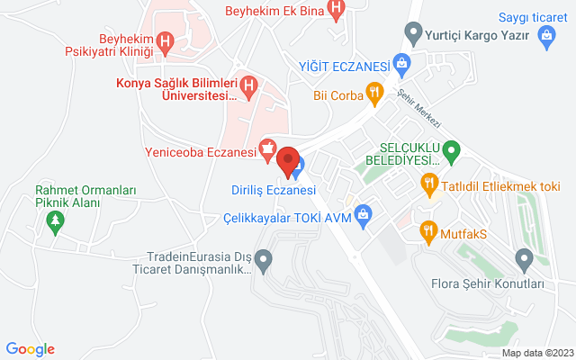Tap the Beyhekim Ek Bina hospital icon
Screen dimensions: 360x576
[336, 12]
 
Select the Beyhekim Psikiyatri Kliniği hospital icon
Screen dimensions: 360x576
[165, 41]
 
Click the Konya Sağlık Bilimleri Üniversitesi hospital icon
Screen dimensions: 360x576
[251, 86]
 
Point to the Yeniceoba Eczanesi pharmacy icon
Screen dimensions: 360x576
[267, 147]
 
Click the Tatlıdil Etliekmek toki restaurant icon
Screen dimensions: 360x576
[429, 184]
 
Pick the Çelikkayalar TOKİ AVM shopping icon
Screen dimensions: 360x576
[363, 213]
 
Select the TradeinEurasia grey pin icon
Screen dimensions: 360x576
[263, 262]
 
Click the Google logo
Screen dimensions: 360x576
[30, 349]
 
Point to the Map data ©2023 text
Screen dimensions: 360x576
[537, 353]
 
